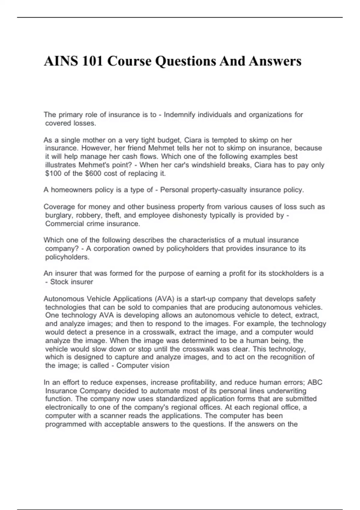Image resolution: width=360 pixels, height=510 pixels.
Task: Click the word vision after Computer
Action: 160,366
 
